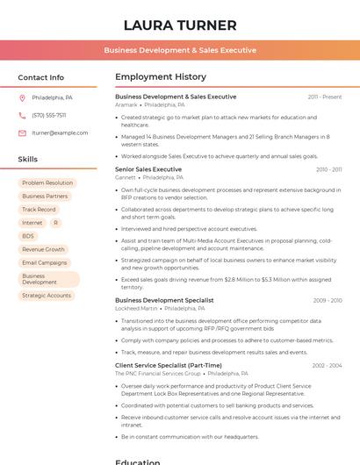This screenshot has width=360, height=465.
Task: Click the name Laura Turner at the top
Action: pos(180,25)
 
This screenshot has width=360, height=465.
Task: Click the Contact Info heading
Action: pos(41,77)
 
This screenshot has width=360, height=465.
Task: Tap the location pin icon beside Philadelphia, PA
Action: pos(22,97)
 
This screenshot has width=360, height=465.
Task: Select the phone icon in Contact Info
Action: pos(22,115)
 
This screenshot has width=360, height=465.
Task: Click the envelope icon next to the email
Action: pos(22,132)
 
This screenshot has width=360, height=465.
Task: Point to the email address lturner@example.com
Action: pos(60,132)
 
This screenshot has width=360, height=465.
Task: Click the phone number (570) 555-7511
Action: pos(49,115)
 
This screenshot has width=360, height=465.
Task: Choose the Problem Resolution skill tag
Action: pos(47,183)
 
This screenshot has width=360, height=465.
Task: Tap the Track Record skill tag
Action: pos(39,210)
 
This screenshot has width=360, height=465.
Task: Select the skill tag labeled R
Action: pos(55,223)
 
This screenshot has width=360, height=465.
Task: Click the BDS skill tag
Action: pos(28,236)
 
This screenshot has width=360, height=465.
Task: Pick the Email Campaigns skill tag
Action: pos(45,262)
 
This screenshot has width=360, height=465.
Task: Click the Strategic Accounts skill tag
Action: pos(47,296)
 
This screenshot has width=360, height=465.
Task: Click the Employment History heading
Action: pos(161,77)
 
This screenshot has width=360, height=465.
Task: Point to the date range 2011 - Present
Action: pos(325,97)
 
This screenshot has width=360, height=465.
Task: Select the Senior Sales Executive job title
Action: pos(148,169)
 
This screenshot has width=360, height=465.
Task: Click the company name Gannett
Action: pos(126,177)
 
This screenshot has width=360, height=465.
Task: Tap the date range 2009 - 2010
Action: pos(328,300)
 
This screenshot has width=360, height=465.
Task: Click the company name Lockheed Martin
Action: pos(136,309)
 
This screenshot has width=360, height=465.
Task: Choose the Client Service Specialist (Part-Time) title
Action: pos(169,365)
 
